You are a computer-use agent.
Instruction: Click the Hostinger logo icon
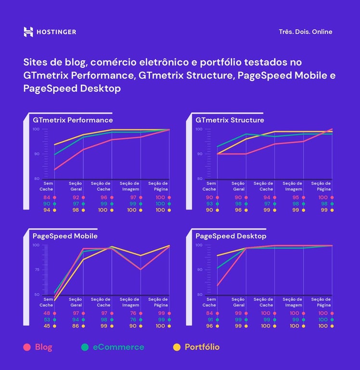click(x=28, y=32)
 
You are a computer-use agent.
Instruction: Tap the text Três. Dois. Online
click(x=305, y=32)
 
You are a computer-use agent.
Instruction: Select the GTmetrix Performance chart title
click(x=73, y=120)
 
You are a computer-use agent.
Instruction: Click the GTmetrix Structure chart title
click(x=230, y=120)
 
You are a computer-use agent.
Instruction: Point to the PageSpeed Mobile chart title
click(x=65, y=236)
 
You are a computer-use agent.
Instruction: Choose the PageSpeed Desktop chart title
click(x=231, y=236)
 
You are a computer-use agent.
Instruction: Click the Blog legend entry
click(x=43, y=347)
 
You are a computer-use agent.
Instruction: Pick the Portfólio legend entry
click(x=202, y=347)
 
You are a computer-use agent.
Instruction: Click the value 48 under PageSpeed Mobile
click(x=47, y=314)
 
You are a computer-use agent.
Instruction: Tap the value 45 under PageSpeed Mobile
click(x=47, y=326)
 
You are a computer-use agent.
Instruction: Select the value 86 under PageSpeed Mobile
click(x=76, y=326)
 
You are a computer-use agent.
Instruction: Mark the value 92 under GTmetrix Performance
click(x=76, y=198)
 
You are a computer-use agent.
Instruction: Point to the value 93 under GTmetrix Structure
click(x=209, y=204)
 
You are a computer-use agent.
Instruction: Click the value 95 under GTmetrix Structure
click(x=296, y=198)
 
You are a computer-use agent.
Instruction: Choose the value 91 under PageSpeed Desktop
click(x=209, y=320)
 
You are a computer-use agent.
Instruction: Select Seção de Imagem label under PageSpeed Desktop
click(x=292, y=302)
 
